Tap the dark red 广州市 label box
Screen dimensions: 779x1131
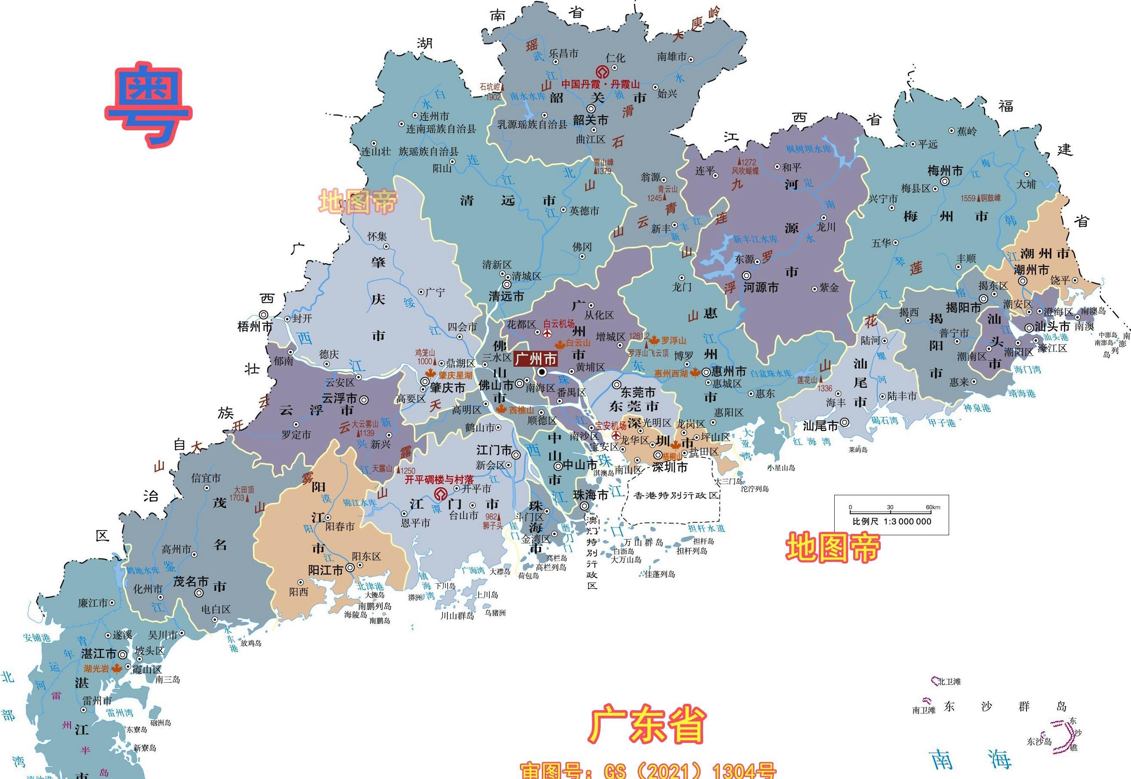535,359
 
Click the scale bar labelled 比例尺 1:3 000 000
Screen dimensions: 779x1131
891,515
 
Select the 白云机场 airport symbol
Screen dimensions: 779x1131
547,333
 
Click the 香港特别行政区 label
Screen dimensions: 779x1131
676,495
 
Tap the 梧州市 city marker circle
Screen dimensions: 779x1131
264,315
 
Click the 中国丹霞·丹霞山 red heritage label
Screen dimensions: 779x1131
600,84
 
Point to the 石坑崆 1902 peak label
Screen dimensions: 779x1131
491,91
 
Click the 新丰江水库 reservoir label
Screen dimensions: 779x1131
755,239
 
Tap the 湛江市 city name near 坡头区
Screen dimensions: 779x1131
98,653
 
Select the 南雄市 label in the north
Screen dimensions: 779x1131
672,57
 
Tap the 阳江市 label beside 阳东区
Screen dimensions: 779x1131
326,570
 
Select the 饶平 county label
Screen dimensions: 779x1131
1060,280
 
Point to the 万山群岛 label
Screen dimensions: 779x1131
643,543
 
